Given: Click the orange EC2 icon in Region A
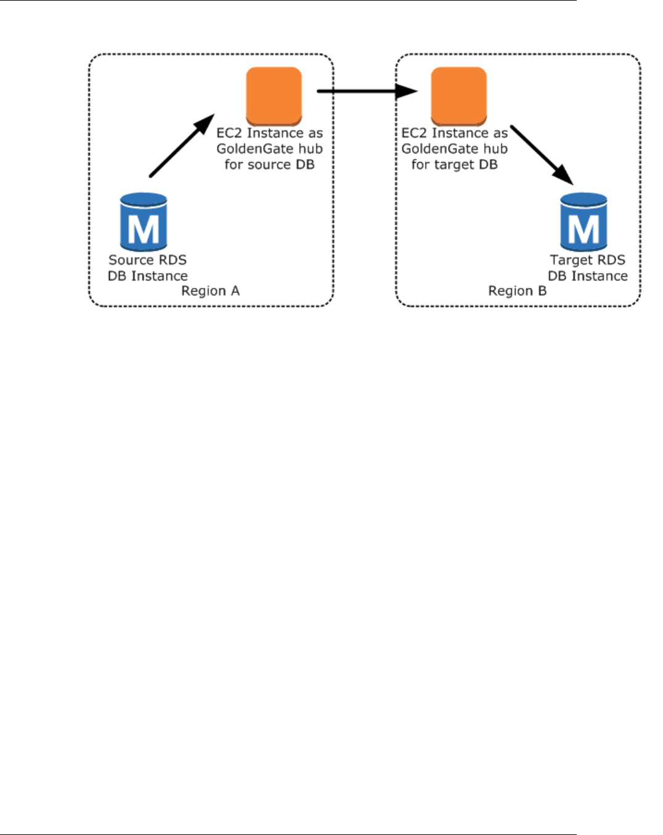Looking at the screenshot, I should pos(274,96).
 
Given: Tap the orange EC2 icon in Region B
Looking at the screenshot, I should pos(458,96).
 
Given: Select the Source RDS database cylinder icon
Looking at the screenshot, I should pos(144,221).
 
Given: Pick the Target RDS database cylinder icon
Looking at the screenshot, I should pos(584,221).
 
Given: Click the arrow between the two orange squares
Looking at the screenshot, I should pos(367,91).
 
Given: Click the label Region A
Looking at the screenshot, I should pos(210,291).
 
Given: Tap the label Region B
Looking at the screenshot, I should pos(517,291).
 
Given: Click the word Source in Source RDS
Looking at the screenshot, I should pos(130,260).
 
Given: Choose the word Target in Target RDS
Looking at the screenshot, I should pos(571,260).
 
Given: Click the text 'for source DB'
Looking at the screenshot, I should pos(269,165).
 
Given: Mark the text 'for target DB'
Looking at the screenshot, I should pos(454,165).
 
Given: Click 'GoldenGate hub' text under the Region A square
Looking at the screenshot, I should pos(269,149).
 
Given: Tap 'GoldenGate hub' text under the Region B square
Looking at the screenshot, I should pos(454,149).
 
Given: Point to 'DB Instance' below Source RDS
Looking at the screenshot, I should pos(147,276).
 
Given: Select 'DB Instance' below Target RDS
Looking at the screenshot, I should pos(588,276).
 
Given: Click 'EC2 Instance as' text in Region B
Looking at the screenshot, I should pos(454,133).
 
